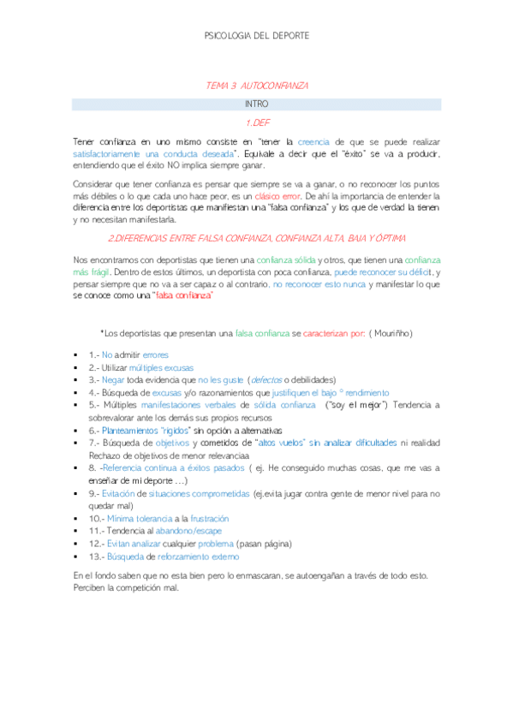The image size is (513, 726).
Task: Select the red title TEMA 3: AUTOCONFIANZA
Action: point(257,86)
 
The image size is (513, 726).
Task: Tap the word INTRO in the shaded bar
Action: point(257,104)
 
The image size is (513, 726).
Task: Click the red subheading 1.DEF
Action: point(257,122)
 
